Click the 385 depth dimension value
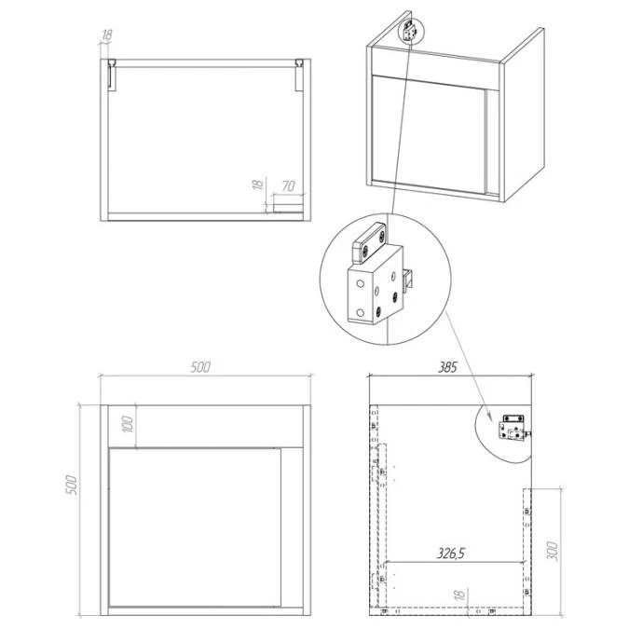[446, 367]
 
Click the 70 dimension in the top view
[288, 185]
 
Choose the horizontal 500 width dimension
[199, 366]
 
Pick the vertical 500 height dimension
[71, 485]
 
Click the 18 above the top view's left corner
[105, 36]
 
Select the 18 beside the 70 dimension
[255, 186]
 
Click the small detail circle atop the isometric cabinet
[410, 30]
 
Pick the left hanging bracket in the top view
[112, 75]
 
